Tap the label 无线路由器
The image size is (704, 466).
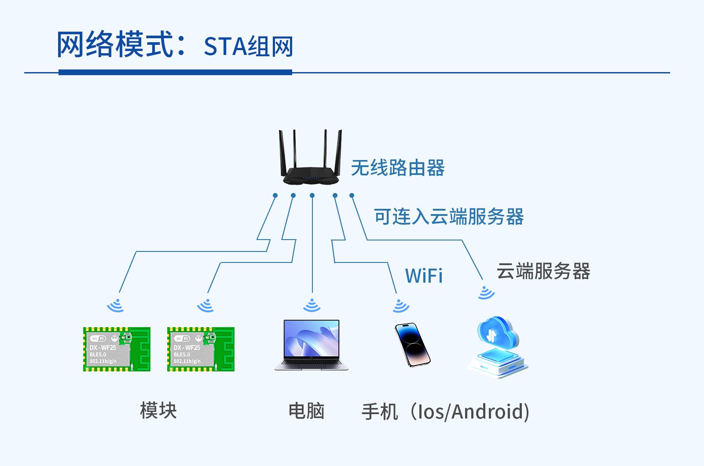398,168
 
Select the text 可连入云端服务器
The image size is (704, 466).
449,217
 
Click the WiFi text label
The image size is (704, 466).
424,276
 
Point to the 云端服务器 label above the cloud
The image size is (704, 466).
543,271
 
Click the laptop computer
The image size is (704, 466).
312,345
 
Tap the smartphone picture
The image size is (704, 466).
412,345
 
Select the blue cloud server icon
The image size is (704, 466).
498,347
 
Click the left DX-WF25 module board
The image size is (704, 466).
117,349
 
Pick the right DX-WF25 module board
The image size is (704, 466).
201,349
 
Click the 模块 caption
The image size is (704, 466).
158,411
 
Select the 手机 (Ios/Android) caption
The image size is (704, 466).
445,412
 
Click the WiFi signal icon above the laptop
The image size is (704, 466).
312,305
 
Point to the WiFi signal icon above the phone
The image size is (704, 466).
401,306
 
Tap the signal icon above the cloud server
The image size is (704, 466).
486,293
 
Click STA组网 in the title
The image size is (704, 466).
248,47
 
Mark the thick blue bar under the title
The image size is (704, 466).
175,72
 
